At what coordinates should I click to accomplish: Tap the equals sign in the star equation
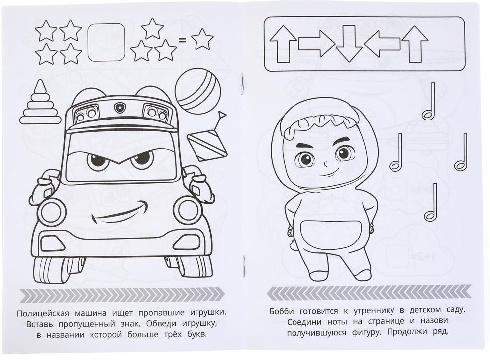tap(182, 40)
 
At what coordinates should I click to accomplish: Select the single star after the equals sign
tap(202, 39)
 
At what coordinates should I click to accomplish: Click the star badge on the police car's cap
tap(119, 108)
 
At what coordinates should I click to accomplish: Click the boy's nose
tap(326, 163)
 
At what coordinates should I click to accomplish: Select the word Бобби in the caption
tap(282, 311)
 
